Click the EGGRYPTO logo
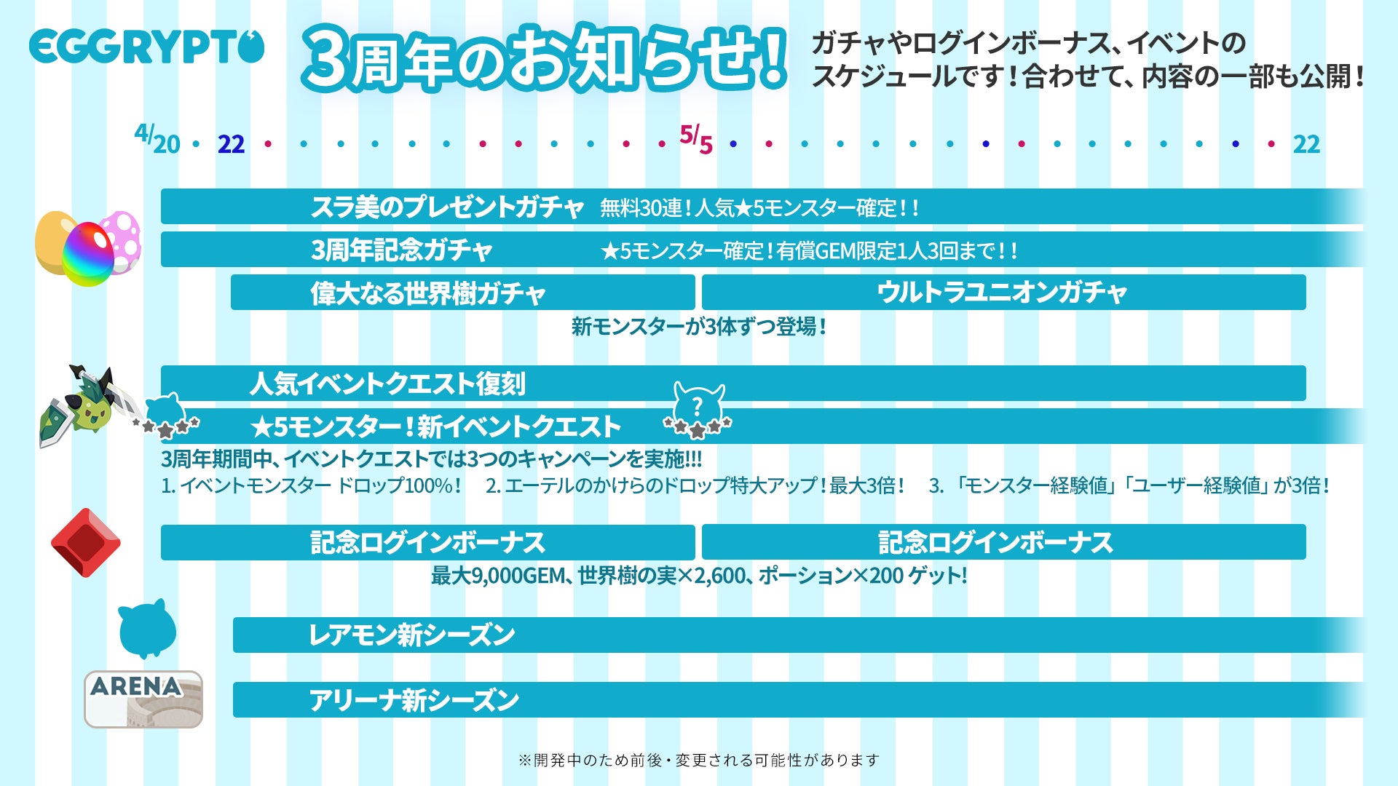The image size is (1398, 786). (x=146, y=47)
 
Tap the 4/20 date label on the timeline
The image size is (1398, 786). (x=157, y=139)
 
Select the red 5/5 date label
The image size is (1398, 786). (x=695, y=139)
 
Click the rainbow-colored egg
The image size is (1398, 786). (x=88, y=253)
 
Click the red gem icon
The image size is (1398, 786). (x=86, y=543)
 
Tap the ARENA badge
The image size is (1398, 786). (x=143, y=699)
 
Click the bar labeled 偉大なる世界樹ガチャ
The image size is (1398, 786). (x=462, y=293)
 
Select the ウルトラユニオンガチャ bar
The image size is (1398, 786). (x=1003, y=293)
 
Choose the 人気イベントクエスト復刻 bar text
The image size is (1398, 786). (x=387, y=384)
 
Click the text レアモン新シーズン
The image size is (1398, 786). (x=412, y=635)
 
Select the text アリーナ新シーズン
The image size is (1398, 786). (x=414, y=700)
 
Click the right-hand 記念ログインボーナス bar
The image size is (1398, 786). (x=1003, y=542)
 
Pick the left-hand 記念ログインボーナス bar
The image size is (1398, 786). (x=427, y=542)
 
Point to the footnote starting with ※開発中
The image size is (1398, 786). (x=699, y=761)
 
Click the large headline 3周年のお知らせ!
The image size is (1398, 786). (x=545, y=58)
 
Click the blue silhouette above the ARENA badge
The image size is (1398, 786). (x=147, y=628)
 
